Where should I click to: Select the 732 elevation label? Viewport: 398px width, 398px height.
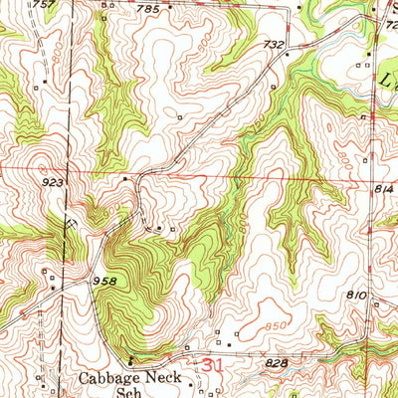coord(275,46)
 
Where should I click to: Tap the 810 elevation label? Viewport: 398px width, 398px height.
coord(358,296)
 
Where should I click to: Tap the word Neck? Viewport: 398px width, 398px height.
coord(167,379)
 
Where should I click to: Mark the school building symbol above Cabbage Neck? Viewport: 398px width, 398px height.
coord(130,360)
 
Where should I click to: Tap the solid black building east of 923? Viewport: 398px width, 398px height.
coord(124,179)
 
